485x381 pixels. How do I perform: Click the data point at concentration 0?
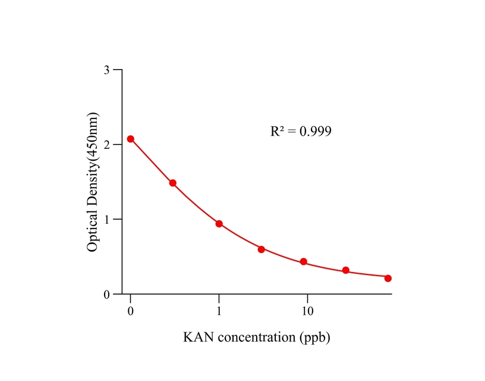point(131,139)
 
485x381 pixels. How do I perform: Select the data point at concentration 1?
point(219,224)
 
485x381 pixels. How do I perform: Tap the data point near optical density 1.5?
point(173,183)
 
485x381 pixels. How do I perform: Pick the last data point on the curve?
point(388,278)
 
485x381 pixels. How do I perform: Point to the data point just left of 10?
point(304,262)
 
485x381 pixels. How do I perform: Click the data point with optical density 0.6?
point(262,249)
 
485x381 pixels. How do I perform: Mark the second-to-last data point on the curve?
point(346,270)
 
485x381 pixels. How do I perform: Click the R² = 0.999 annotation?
point(301,131)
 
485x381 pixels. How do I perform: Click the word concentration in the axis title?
point(256,338)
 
